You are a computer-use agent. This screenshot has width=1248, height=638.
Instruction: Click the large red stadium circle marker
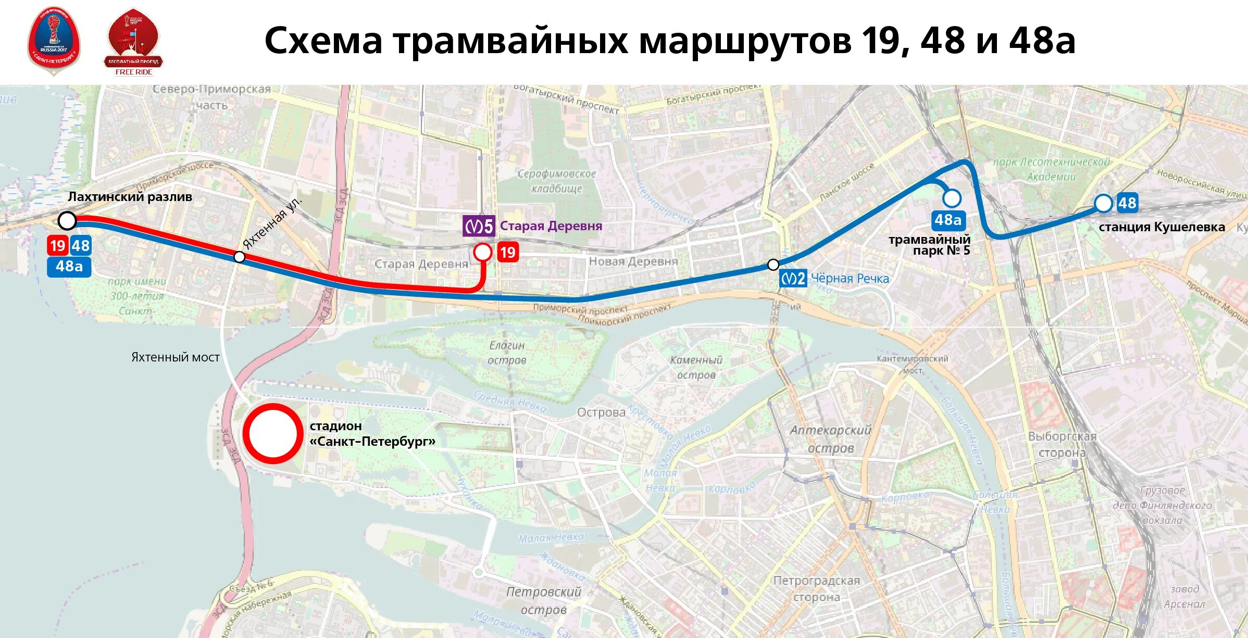[x=272, y=433]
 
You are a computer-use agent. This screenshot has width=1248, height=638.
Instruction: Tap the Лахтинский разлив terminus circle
[x=67, y=221]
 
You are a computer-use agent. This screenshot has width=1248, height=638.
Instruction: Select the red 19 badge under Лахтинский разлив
[x=57, y=246]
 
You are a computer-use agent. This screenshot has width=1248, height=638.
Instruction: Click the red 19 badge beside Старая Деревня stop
[x=507, y=253]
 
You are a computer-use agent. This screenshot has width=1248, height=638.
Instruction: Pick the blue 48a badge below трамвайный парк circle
[x=948, y=220]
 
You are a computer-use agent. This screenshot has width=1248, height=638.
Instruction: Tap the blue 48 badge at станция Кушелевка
[x=1127, y=203]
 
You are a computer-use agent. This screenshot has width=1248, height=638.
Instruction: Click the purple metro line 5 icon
[x=479, y=226]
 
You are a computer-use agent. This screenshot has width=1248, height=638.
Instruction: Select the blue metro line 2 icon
[x=793, y=279]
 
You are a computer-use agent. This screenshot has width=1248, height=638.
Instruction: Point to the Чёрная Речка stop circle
[x=773, y=265]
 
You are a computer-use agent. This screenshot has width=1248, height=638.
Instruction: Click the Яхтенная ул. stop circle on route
[x=239, y=257]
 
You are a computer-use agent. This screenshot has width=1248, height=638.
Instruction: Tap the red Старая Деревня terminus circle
[x=483, y=252]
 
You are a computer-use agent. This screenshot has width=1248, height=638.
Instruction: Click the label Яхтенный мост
[x=175, y=357]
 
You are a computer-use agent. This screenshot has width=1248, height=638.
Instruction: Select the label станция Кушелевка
[x=1162, y=227]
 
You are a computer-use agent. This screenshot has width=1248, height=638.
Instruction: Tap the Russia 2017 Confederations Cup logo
[x=54, y=41]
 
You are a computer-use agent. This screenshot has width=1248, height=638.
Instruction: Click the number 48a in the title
[x=1042, y=41]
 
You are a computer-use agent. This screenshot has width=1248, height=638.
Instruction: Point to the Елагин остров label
[x=507, y=353]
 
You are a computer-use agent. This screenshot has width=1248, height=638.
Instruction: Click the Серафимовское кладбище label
[x=556, y=181]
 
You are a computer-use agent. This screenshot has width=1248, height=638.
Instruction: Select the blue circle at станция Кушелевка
[x=1103, y=203]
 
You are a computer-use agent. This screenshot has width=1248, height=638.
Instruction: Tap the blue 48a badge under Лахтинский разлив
[x=69, y=267]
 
